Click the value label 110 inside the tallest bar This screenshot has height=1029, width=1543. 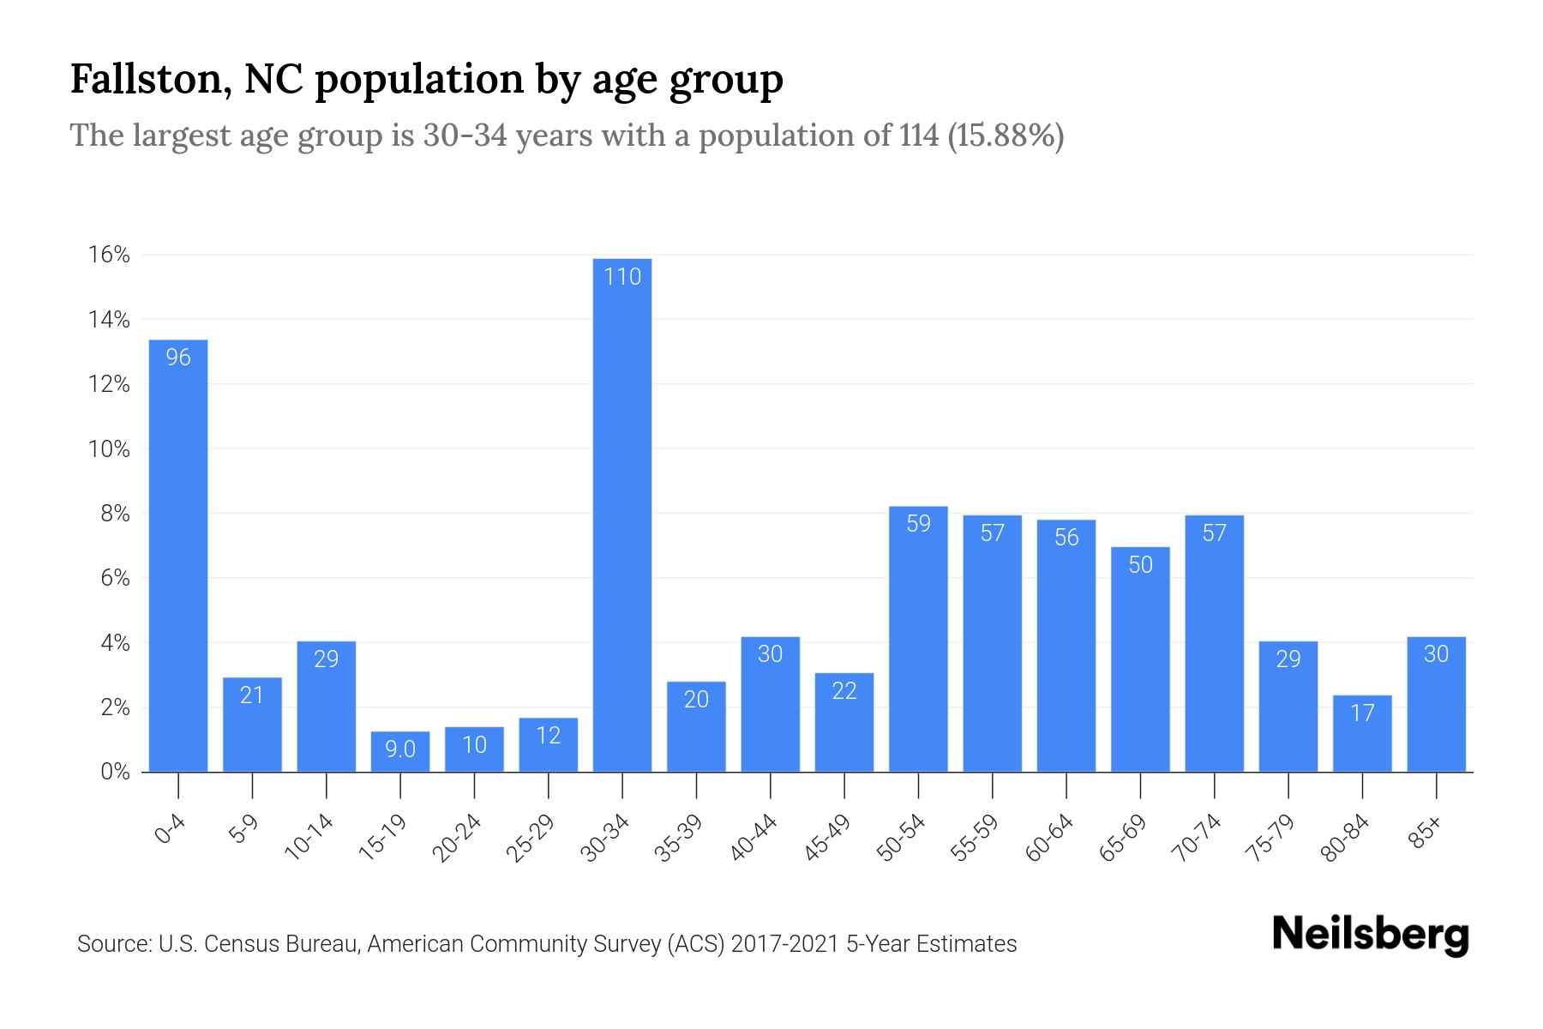[x=622, y=277]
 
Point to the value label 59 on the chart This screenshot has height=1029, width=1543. [x=918, y=524]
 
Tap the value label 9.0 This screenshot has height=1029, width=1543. [x=400, y=749]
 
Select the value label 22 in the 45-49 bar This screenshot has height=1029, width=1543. [x=844, y=691]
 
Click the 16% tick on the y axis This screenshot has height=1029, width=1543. [x=109, y=255]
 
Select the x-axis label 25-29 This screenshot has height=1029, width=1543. [x=531, y=838]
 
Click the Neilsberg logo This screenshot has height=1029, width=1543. [x=1370, y=935]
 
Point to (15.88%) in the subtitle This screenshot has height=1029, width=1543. [x=1006, y=135]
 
